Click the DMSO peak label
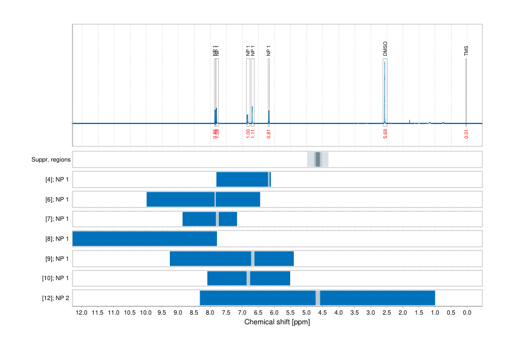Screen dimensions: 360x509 click(x=385, y=50)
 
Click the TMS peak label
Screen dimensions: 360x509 click(x=466, y=50)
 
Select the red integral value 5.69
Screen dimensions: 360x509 click(x=385, y=134)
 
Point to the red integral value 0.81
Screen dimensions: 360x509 click(x=268, y=134)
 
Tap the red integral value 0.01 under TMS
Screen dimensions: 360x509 click(x=466, y=134)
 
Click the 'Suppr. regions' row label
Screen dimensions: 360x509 click(x=51, y=160)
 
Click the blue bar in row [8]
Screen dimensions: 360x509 click(x=144, y=238)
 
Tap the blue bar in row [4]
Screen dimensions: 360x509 click(x=242, y=180)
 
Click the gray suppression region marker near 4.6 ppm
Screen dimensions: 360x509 click(x=318, y=160)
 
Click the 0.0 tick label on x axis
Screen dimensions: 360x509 click(x=467, y=313)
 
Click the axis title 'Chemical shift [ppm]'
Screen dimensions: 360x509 click(x=277, y=322)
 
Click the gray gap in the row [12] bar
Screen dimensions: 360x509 click(x=318, y=298)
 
